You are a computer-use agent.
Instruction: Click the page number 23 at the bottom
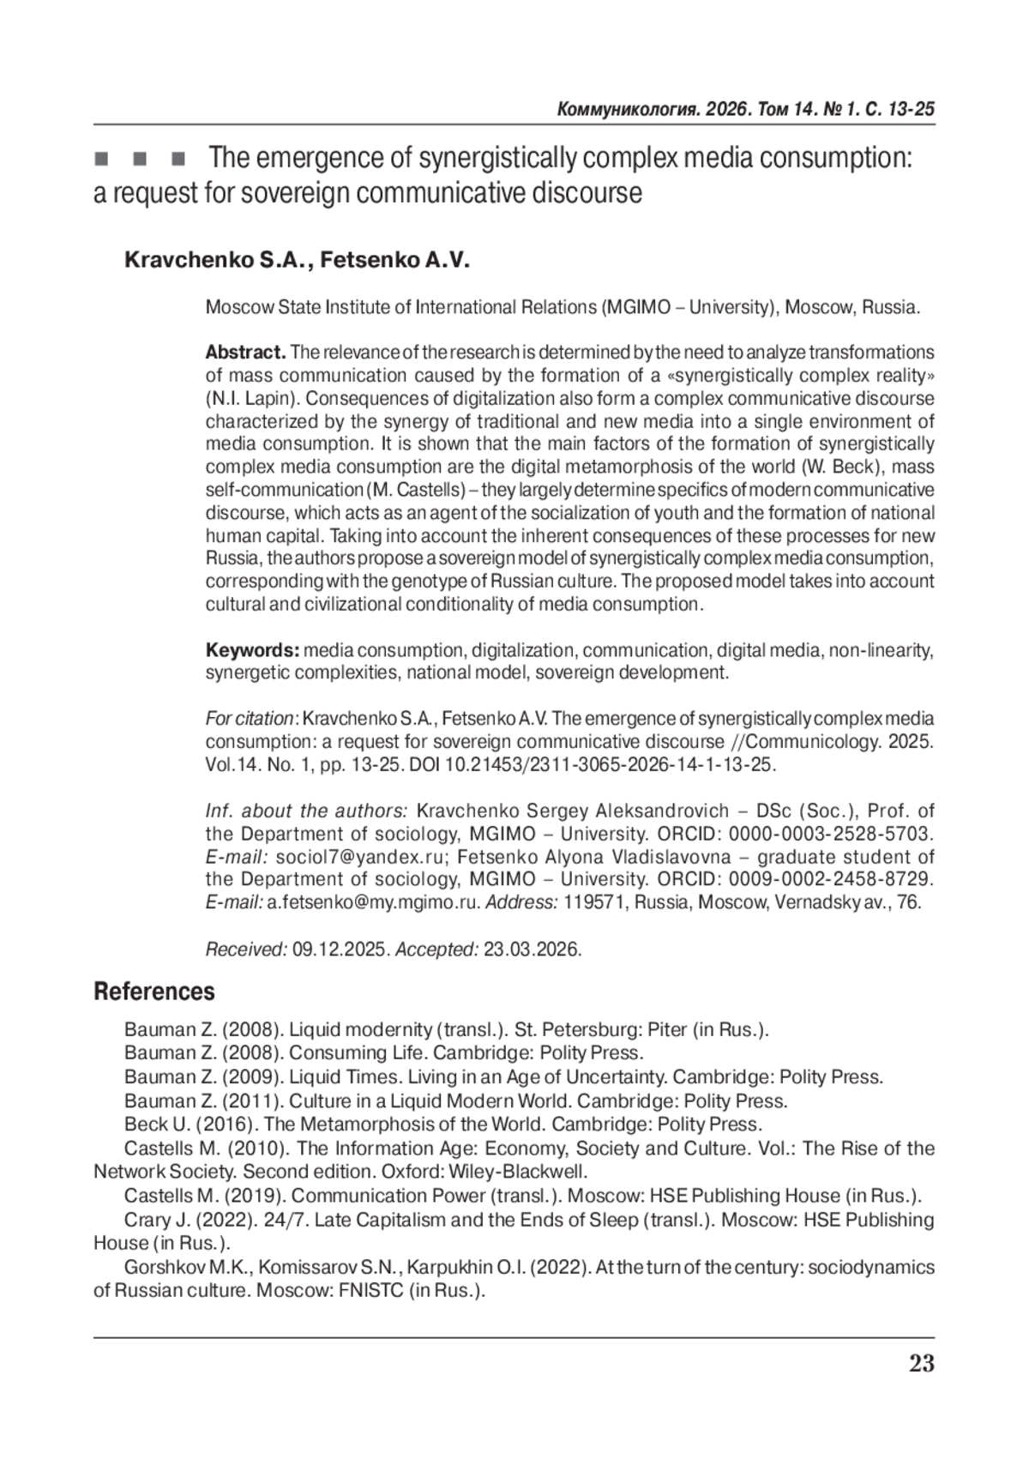point(921,1364)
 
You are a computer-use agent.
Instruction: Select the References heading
point(154,992)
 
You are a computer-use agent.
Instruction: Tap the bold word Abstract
point(245,353)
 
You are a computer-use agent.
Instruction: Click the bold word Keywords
point(252,650)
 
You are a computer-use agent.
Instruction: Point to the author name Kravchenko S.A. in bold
point(218,260)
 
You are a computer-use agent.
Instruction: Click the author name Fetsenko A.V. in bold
point(396,260)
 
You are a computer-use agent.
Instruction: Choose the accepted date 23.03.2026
point(533,950)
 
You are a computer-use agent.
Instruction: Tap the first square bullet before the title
point(101,160)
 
